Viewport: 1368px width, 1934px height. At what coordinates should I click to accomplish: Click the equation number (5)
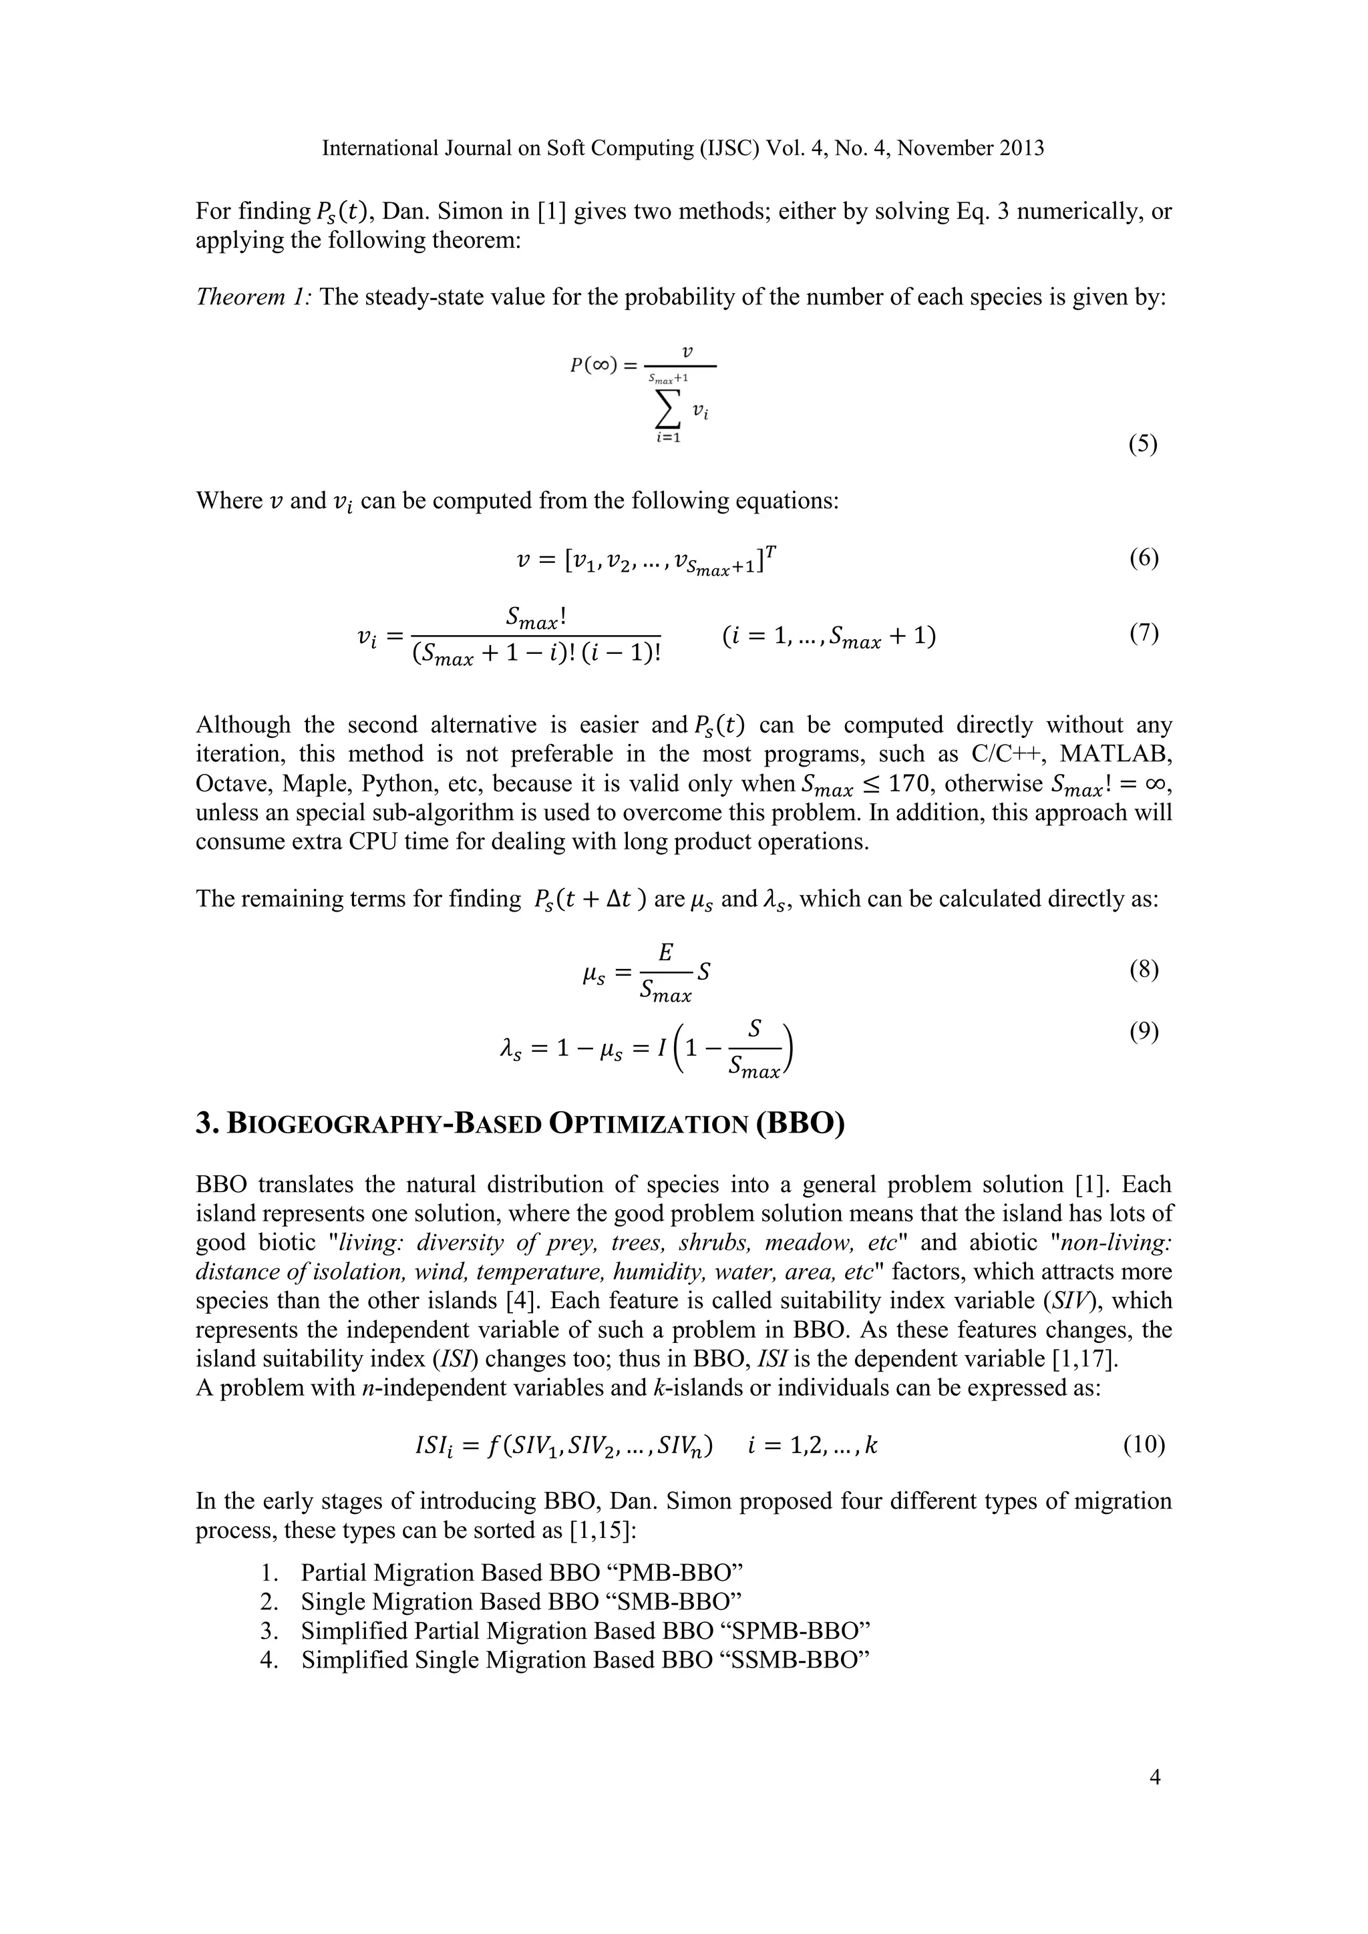pos(1142,444)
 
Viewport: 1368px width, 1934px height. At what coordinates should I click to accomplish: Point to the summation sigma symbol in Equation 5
pos(667,411)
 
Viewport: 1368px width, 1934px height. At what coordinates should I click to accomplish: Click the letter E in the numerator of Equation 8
pos(665,953)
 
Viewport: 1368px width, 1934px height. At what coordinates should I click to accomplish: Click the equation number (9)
pos(1143,1032)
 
